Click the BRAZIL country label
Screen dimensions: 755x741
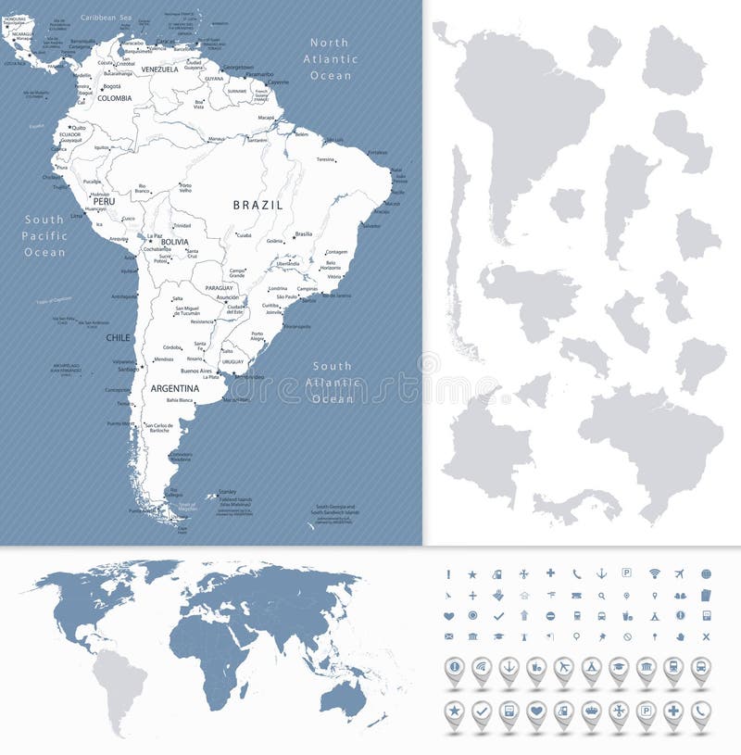(x=257, y=205)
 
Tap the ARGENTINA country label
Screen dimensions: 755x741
(x=175, y=388)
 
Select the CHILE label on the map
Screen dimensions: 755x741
(x=118, y=338)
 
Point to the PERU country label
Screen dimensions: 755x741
(x=103, y=200)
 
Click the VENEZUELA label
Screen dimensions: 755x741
(x=159, y=69)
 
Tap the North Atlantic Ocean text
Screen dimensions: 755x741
(x=331, y=58)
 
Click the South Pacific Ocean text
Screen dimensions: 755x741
(x=44, y=235)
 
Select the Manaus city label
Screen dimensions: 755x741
(x=217, y=138)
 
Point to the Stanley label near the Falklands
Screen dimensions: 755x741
(x=226, y=491)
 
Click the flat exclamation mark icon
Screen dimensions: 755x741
(x=448, y=573)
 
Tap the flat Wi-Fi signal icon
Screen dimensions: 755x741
(x=655, y=573)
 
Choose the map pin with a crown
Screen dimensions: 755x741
(x=591, y=711)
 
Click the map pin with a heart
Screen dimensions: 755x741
(x=535, y=711)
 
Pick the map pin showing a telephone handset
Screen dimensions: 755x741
(x=701, y=711)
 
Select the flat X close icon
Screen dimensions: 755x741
(x=706, y=636)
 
